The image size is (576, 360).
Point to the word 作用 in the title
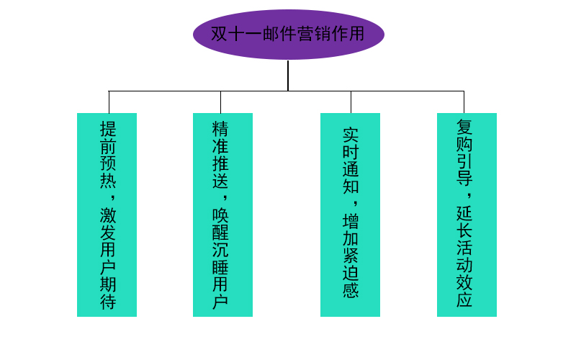[347, 35]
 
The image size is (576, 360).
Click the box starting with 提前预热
[107, 215]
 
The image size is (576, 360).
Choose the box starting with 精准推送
[222, 215]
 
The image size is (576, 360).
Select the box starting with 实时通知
[350, 215]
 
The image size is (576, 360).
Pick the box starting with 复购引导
[467, 215]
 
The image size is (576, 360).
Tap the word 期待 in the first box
[108, 293]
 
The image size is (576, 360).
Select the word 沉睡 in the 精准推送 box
[220, 258]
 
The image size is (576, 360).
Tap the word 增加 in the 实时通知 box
[351, 230]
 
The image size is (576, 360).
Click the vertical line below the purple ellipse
[288, 75]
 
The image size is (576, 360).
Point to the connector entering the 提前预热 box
[109, 102]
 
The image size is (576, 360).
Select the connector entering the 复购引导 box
[464, 102]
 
